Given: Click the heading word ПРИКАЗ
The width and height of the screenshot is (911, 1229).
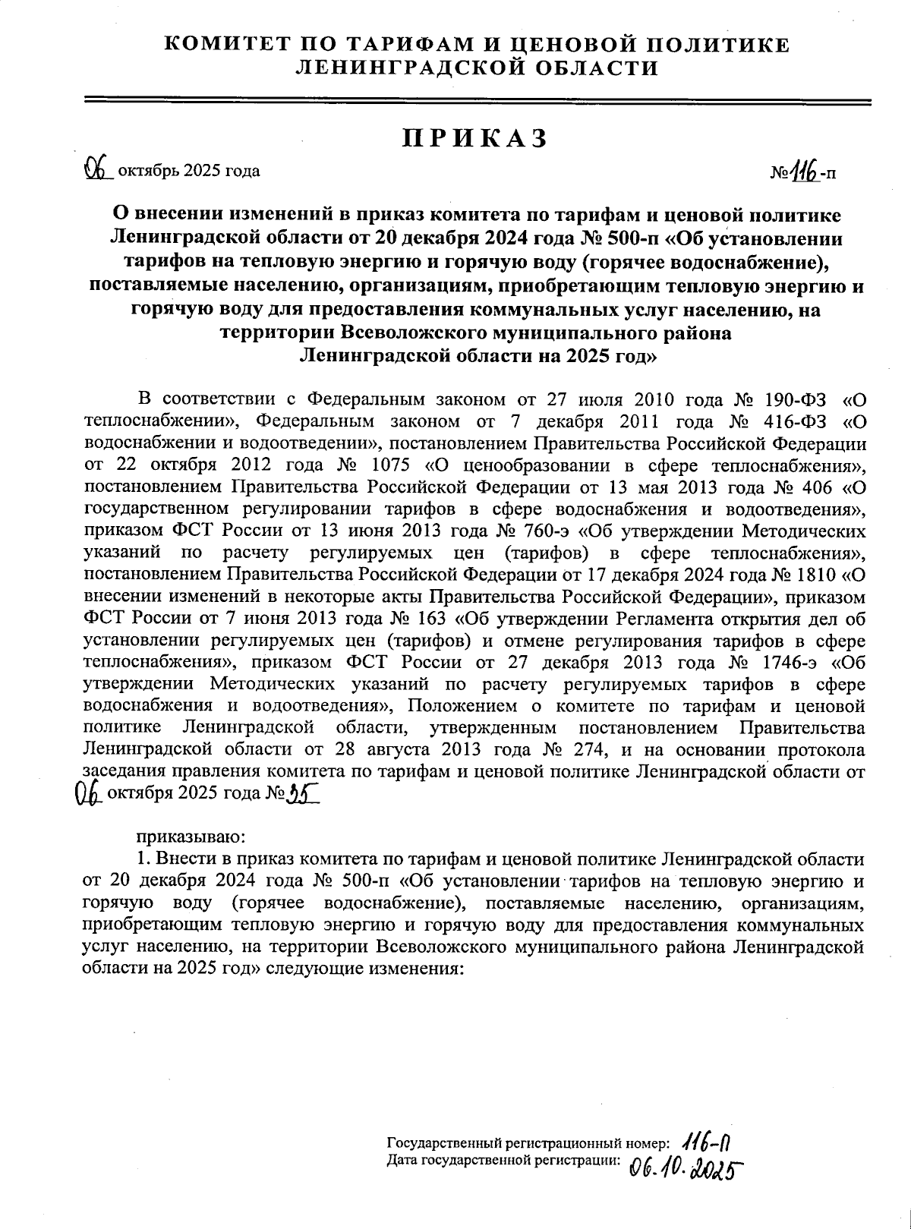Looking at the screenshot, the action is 474,139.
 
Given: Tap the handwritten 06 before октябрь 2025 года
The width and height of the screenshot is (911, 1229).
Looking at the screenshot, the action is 96,169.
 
